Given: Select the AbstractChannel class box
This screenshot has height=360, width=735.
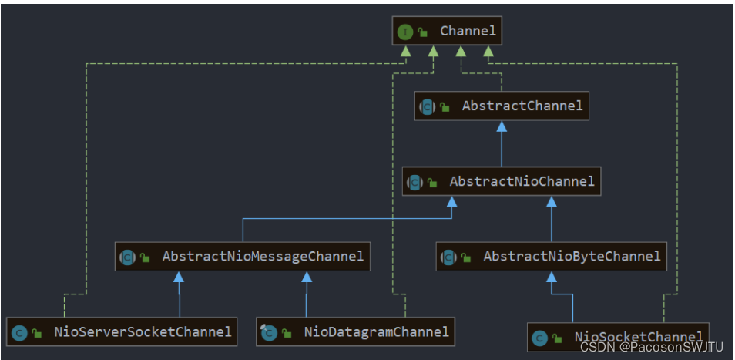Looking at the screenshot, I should [x=502, y=106].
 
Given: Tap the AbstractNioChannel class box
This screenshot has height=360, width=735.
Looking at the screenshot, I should [x=502, y=182].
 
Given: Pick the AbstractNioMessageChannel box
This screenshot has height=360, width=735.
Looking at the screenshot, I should [x=243, y=257].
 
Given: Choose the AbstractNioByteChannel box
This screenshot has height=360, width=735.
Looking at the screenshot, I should [x=552, y=257].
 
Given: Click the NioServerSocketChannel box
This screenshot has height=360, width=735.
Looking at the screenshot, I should [x=122, y=332].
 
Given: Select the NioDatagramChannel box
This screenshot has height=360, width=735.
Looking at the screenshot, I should [x=355, y=332].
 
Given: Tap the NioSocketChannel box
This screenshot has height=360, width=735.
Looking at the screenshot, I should [x=619, y=337].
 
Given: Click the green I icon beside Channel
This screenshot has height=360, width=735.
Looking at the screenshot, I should [x=405, y=32].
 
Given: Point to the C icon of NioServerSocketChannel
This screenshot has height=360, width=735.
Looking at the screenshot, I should [x=19, y=333].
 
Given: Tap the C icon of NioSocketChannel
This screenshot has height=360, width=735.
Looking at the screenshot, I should [x=540, y=338].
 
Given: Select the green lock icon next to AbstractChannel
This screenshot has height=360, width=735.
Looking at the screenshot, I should [x=445, y=107].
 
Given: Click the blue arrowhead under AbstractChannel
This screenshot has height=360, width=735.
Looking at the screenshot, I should [x=502, y=126].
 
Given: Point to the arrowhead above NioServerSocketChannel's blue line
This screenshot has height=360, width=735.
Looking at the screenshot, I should [x=179, y=276].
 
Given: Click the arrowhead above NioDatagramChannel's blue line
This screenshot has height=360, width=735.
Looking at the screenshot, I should [x=307, y=276].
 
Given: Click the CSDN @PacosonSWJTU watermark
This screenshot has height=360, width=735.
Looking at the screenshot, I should [x=652, y=348].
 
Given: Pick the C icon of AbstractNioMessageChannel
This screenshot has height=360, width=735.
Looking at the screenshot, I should [x=128, y=257].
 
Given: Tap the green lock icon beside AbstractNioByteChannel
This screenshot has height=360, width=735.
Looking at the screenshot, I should [x=467, y=257].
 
